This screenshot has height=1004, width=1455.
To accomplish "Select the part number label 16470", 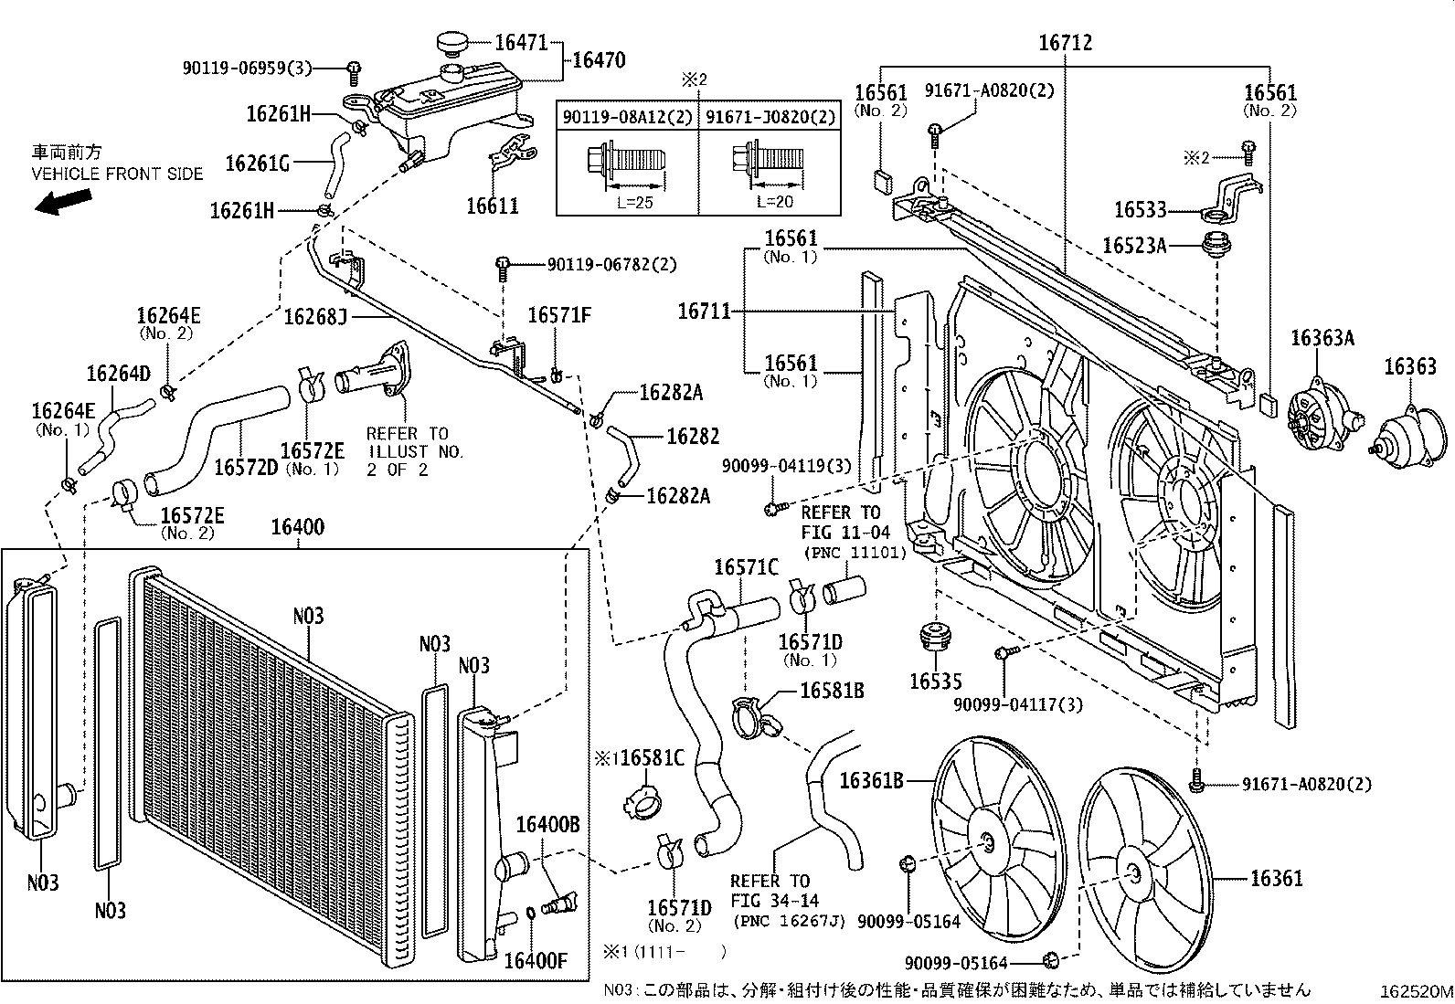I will [x=598, y=61].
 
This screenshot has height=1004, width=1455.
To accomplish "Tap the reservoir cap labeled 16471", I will [x=451, y=43].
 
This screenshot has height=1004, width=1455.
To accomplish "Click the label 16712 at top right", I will [x=1065, y=43].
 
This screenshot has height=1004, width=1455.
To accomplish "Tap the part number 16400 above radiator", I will [x=298, y=528].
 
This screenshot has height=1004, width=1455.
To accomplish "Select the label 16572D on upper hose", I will [x=246, y=468].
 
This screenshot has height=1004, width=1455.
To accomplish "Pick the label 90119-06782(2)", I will [x=612, y=265].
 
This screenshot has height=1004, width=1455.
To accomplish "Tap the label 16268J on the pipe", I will [x=315, y=317].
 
